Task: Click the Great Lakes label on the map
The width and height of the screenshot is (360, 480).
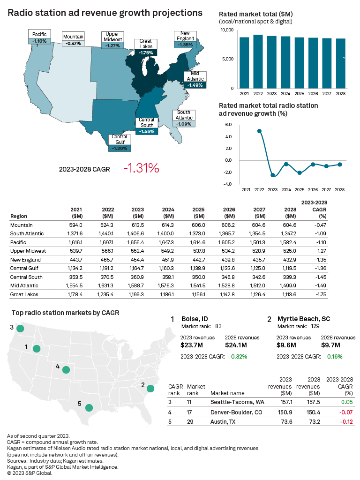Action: coord(146,44)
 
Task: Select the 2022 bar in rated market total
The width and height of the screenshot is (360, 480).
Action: coord(258,61)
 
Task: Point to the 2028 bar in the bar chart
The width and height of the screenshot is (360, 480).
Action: coord(341,63)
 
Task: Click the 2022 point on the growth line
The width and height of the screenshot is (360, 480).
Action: coord(259,131)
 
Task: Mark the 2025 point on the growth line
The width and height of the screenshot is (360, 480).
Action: coord(300,172)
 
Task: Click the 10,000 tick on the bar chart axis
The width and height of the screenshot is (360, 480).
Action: coord(226,30)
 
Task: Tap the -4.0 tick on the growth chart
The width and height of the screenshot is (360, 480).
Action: coord(228,184)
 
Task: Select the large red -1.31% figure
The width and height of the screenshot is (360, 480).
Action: coord(141,168)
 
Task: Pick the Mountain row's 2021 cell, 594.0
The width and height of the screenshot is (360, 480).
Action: coord(76,225)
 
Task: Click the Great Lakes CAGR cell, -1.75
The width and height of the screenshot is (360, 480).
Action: coord(319,294)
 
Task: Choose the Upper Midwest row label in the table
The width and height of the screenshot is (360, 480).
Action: coord(26,251)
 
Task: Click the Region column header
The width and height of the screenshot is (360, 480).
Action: coord(18,217)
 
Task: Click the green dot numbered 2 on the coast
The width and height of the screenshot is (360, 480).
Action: coord(150,388)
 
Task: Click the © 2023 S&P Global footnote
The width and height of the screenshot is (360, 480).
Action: coord(30,473)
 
